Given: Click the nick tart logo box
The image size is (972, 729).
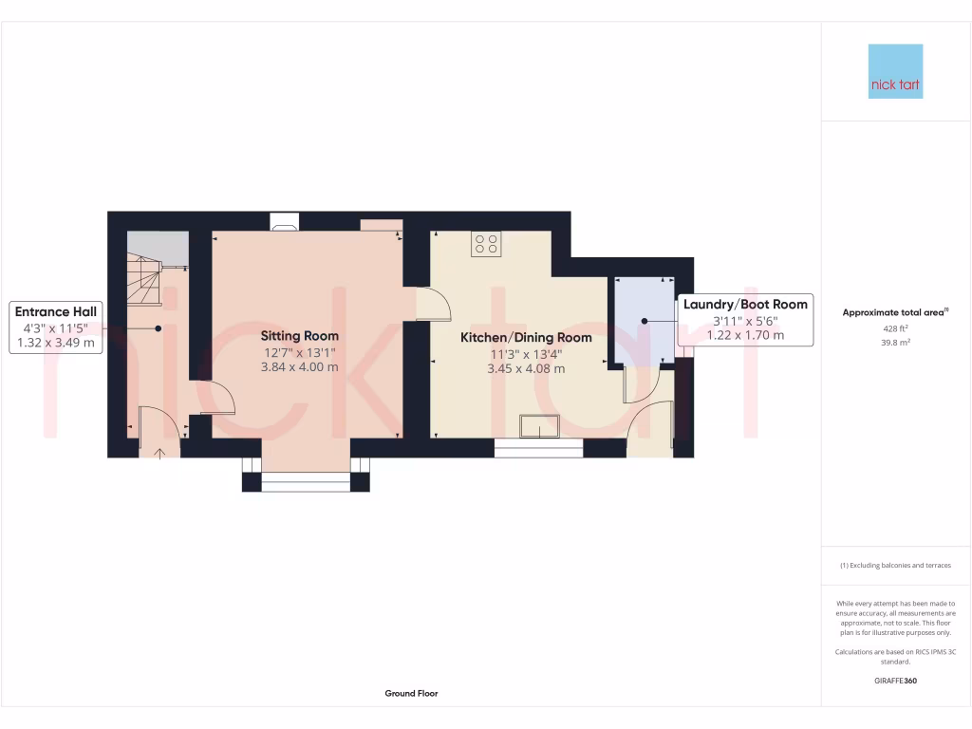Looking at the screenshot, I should point(895,71).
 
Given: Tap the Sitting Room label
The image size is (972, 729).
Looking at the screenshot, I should point(300,336).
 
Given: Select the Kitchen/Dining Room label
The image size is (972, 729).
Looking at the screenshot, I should point(526,337).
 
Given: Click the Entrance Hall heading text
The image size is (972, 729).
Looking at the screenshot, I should point(56,311).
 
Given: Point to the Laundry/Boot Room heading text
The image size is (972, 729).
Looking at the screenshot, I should point(745,305).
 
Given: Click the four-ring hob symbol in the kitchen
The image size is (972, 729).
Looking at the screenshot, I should point(486,244).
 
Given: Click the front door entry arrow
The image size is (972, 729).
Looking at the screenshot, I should point(159,452).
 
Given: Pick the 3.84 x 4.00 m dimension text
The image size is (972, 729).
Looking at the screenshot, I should point(300,367).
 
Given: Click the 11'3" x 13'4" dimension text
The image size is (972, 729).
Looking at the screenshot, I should point(526,353).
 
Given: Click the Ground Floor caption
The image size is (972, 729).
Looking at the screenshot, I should point(411,694).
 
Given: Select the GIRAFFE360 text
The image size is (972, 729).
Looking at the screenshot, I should point(895,681).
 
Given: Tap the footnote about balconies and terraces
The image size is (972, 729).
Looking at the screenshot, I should point(895,565).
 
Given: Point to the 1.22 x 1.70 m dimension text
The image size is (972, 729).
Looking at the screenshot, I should point(745,335).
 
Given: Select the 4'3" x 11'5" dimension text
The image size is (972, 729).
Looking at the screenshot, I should point(56,327).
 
